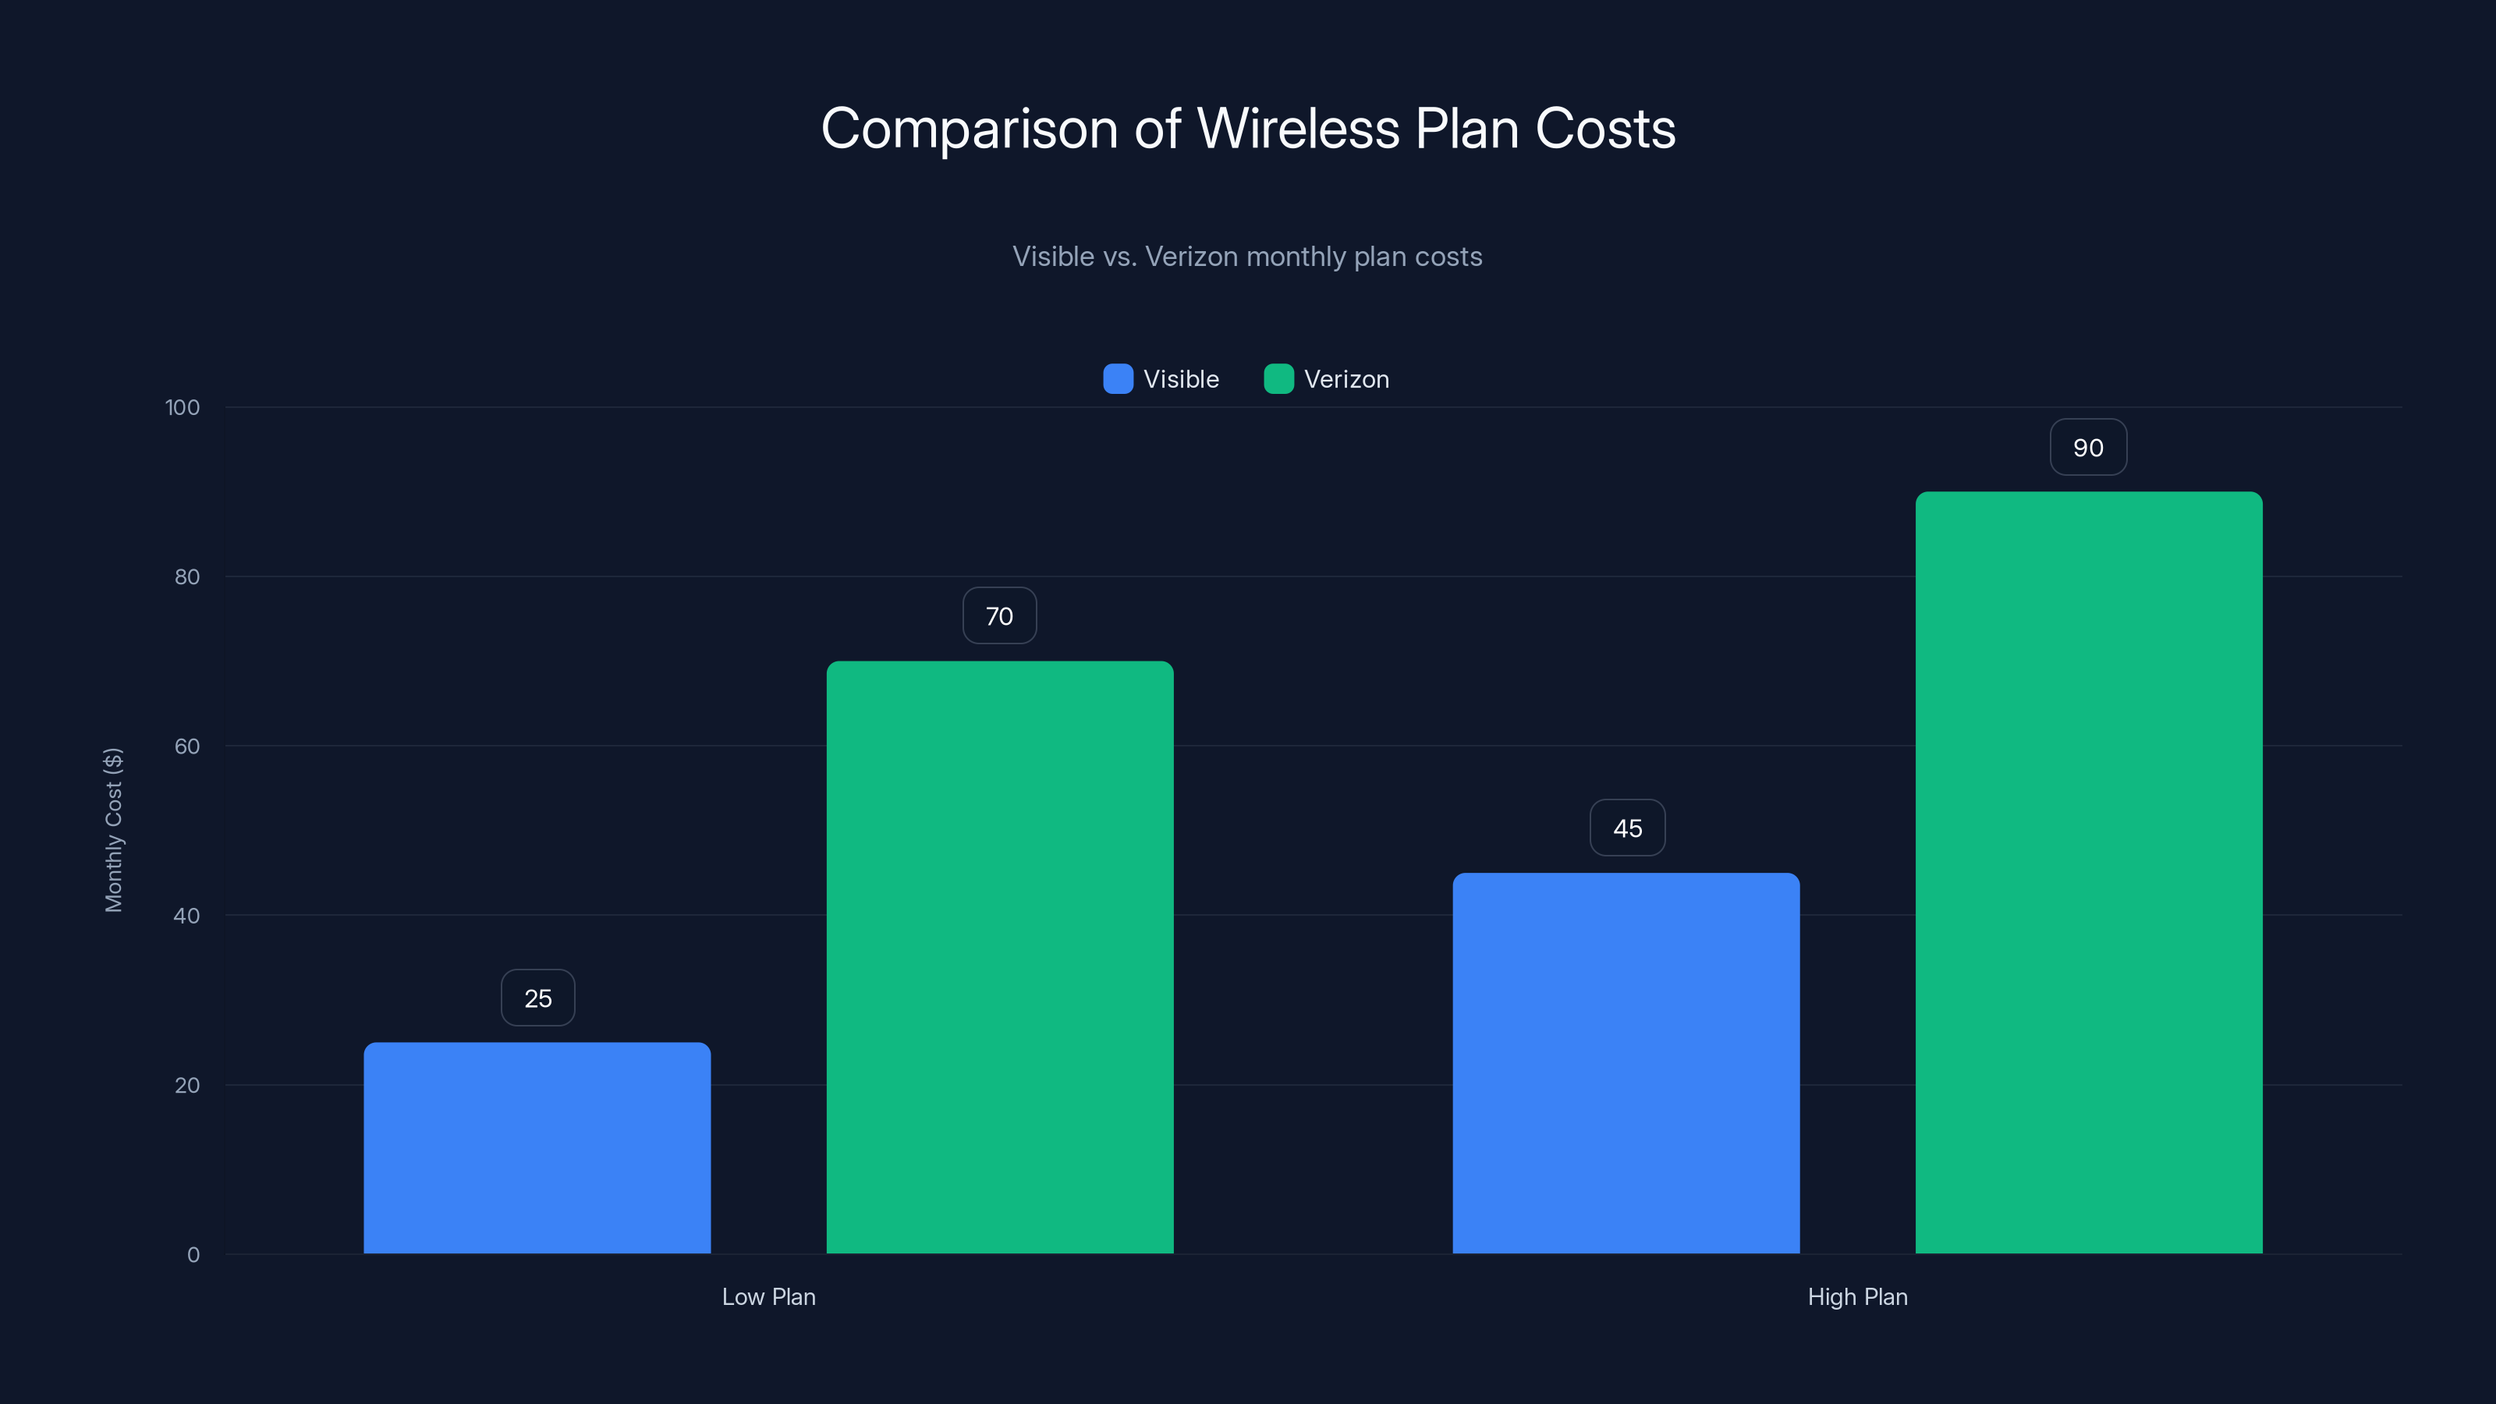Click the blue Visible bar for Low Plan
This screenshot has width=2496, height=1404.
pos(537,1148)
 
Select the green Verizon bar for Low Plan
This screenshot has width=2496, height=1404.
pos(999,957)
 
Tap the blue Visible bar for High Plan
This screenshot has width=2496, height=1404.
pos(1626,1063)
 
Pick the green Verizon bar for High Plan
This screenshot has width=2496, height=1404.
pos(2088,872)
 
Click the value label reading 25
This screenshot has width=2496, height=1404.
pos(537,998)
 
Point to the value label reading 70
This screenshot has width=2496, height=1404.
pos(999,616)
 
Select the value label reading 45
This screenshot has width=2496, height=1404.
pos(1627,828)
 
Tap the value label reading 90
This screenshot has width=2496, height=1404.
pos(2088,448)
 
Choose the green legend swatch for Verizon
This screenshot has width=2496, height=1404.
pos(1278,379)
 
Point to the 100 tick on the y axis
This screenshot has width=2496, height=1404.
pos(183,408)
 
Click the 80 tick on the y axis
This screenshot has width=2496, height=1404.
pos(187,577)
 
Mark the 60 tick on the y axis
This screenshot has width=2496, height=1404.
pos(187,746)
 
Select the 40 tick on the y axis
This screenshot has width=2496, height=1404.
pos(187,916)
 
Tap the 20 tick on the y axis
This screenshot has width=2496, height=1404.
pos(187,1085)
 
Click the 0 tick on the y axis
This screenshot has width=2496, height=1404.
pos(193,1255)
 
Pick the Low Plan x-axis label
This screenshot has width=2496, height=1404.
pos(768,1296)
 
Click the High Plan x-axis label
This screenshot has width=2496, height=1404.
pos(1857,1296)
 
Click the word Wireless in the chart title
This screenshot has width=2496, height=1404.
pos(1299,129)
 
